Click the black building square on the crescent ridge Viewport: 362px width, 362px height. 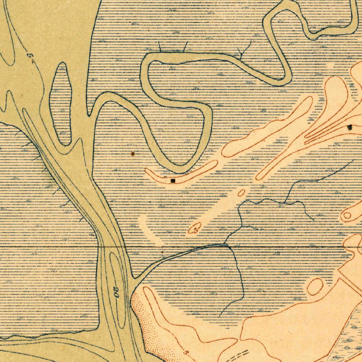(173, 181)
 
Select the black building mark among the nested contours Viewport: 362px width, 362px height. (350, 127)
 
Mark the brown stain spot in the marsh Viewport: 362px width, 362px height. (133, 153)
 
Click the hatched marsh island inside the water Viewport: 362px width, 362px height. (62, 104)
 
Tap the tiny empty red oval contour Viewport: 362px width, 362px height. (241, 193)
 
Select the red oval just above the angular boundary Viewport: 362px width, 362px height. (315, 286)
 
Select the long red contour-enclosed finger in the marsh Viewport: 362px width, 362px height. (269, 127)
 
